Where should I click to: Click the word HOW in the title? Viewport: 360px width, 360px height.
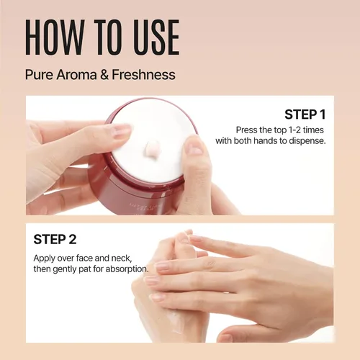click(55, 37)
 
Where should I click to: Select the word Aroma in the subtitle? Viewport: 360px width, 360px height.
click(77, 74)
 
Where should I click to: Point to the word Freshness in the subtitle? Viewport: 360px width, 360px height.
click(143, 74)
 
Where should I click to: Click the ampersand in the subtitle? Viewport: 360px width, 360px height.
click(104, 74)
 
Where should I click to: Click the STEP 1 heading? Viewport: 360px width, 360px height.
click(305, 114)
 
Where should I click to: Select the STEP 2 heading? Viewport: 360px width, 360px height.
click(55, 239)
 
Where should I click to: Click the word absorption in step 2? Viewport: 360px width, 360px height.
click(127, 269)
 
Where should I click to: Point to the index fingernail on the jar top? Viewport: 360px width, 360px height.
click(122, 130)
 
